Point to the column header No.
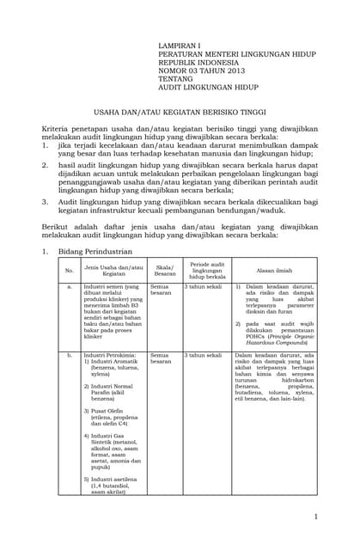pos(70,272)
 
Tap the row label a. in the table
pos(70,288)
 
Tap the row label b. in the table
pos(70,356)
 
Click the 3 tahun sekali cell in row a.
pos(203,288)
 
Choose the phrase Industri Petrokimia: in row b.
pos(112,355)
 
